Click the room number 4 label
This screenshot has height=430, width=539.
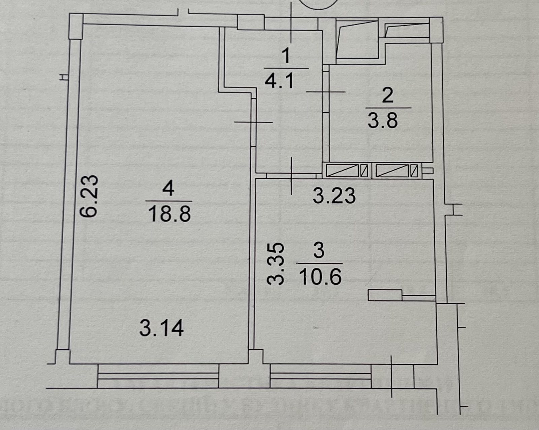[168, 189]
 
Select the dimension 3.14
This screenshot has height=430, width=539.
[162, 328]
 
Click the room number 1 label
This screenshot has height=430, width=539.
[286, 56]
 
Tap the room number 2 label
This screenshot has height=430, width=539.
[388, 96]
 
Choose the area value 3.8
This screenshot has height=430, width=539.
[383, 120]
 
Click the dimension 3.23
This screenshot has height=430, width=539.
[335, 196]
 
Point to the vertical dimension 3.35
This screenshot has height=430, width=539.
[276, 264]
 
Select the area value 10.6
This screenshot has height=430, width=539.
[320, 277]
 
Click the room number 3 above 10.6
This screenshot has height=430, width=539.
[319, 251]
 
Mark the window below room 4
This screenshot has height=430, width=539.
[158, 376]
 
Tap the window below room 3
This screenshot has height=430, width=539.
[321, 376]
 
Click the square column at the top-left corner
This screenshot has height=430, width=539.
[76, 26]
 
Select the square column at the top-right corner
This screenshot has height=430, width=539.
[436, 30]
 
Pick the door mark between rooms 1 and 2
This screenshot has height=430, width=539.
[326, 92]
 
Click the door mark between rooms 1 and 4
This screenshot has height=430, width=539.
[253, 122]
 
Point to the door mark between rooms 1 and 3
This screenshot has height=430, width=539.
[291, 176]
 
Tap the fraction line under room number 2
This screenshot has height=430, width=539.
[388, 108]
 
